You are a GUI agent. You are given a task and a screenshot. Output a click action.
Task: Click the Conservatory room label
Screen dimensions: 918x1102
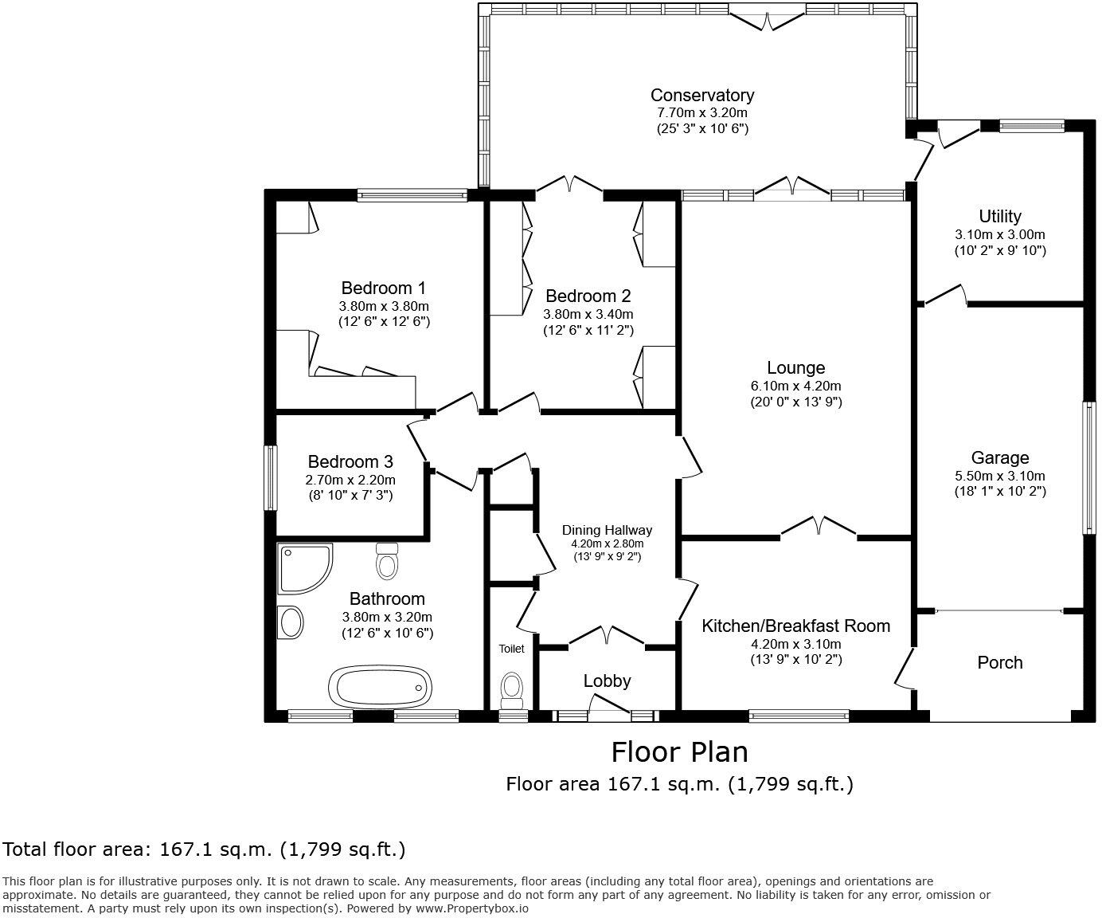[701, 95]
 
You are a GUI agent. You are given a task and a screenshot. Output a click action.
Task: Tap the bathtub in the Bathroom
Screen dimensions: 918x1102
[381, 686]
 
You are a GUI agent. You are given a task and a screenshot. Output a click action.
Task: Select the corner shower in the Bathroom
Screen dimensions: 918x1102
[303, 568]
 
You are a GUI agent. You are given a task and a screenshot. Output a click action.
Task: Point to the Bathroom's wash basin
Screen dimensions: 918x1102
[291, 621]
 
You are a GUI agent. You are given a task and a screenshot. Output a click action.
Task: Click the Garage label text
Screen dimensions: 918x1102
[999, 457]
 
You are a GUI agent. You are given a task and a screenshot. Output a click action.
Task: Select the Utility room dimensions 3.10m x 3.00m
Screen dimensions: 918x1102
[999, 234]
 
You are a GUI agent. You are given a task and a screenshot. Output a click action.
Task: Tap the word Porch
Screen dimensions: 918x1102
[999, 662]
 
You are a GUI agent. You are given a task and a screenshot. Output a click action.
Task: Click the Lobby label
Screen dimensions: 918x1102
[607, 681]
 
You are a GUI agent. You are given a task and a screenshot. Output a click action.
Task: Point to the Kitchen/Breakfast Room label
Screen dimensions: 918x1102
[795, 626]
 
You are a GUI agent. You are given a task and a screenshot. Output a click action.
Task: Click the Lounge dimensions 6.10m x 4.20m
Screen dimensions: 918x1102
[795, 385]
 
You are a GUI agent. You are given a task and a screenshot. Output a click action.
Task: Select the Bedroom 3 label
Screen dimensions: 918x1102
[350, 461]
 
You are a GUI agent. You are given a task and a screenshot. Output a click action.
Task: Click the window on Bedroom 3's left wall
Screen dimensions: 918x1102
[271, 477]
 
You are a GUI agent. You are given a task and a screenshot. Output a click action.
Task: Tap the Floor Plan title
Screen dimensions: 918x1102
[679, 751]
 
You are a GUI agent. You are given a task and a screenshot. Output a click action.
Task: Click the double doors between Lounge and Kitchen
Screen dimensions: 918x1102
[818, 527]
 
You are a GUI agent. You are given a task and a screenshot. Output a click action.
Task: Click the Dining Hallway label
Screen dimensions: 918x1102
[607, 530]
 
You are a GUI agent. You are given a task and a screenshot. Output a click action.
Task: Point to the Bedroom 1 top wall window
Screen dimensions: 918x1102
[412, 194]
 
